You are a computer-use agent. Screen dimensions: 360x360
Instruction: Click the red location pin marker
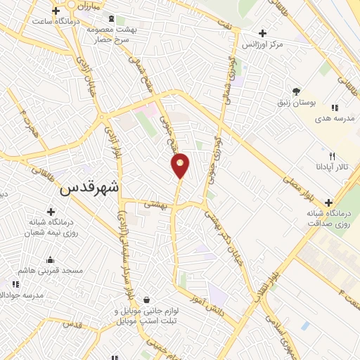coord(181,165)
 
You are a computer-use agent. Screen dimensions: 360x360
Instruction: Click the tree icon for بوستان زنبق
coord(297,91)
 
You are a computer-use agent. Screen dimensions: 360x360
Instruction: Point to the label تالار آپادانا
coord(331,167)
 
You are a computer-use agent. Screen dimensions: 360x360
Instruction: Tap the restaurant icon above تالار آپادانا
coord(332,156)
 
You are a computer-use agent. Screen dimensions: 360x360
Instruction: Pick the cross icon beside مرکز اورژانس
coord(262,32)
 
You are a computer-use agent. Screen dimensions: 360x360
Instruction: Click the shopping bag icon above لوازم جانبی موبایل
coord(146,300)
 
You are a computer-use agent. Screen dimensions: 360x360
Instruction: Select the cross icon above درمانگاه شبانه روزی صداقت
coord(328,202)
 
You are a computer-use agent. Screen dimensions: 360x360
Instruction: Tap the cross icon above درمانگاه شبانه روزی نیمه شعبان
coord(51,212)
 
